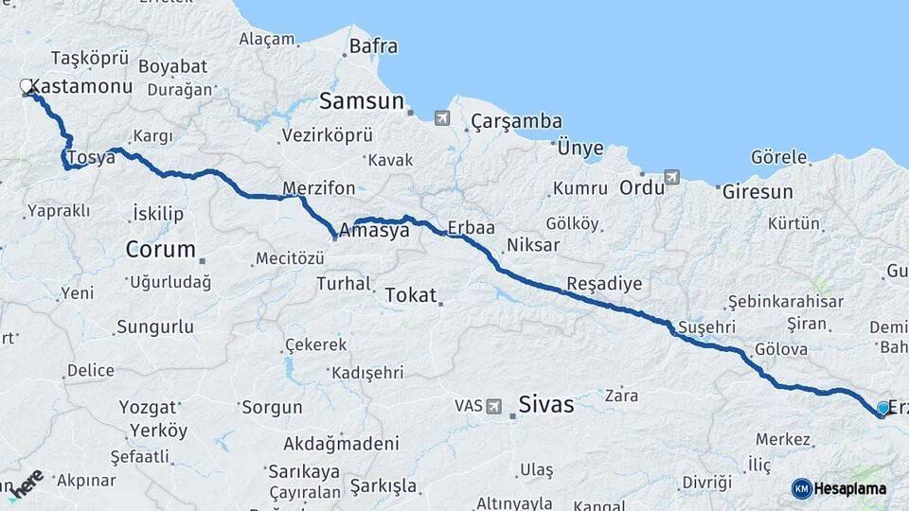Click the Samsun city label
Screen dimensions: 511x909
point(362,101)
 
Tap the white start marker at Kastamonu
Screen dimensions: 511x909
point(27,87)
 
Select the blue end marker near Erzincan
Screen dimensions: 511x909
point(883,408)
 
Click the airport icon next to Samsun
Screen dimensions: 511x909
point(442,118)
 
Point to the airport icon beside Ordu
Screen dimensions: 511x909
point(672,177)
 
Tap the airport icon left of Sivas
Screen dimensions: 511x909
point(493,406)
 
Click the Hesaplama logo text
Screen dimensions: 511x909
point(849,489)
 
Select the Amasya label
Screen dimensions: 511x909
point(374,230)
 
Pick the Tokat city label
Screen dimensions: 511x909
point(411,295)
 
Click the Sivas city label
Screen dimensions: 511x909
point(546,405)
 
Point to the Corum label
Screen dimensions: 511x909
point(161,251)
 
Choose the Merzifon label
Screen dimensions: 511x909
point(318,187)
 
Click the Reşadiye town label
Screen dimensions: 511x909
point(604,283)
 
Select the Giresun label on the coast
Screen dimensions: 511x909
point(757,191)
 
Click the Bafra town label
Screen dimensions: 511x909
point(373,45)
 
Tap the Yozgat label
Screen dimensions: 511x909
point(148,408)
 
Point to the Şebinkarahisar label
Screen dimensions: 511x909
point(785,302)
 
